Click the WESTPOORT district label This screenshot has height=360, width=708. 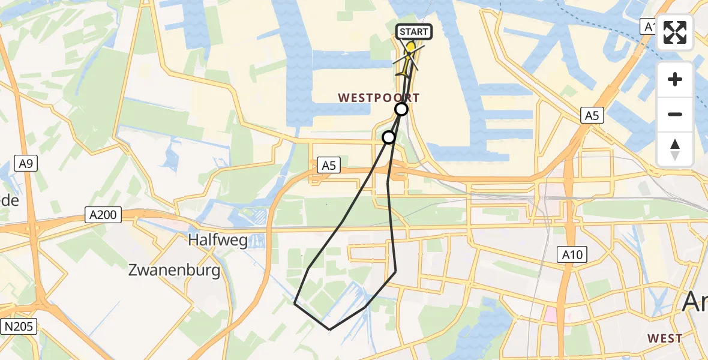point(379,97)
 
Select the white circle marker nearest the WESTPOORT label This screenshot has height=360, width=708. point(401,109)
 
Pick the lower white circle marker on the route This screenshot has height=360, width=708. point(389,137)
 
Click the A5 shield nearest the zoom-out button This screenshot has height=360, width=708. point(592,116)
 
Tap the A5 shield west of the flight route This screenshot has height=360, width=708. point(328,165)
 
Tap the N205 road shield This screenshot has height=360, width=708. point(19,326)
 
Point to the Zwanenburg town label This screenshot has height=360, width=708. point(174,270)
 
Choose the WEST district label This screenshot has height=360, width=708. point(665,338)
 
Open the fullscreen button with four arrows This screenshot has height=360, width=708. point(675,32)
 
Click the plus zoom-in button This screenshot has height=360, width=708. point(675,79)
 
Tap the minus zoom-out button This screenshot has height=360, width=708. point(675,114)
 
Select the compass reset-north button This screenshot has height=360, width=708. point(675,149)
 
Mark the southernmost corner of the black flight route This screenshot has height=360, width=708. point(329,329)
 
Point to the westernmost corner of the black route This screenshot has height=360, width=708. point(295,304)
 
